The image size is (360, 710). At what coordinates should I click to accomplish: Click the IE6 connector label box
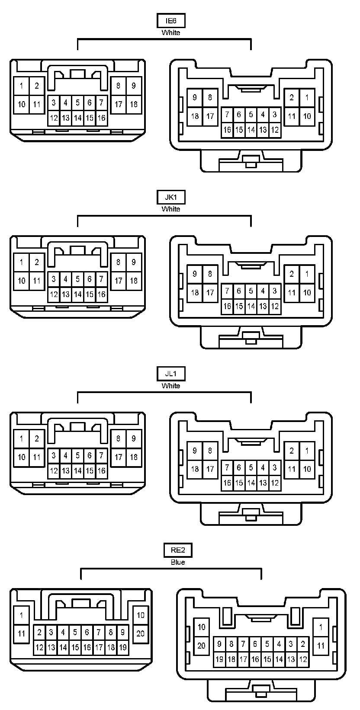click(171, 21)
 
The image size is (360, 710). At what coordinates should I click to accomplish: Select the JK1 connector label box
click(171, 197)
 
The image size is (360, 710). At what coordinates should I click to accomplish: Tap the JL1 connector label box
click(171, 374)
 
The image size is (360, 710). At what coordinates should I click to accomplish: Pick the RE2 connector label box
click(178, 550)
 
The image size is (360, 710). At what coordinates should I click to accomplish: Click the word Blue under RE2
click(178, 562)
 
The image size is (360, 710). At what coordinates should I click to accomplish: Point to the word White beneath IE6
click(171, 32)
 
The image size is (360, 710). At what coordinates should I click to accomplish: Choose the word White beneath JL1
click(171, 386)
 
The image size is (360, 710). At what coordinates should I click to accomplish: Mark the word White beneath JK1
click(171, 209)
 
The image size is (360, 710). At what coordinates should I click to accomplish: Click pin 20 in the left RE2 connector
click(141, 634)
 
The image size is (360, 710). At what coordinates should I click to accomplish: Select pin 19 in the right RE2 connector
click(219, 659)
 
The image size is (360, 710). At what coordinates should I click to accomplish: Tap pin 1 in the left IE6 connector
click(22, 86)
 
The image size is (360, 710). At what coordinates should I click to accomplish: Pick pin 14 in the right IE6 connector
click(251, 130)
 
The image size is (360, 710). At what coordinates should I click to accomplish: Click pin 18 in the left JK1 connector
click(134, 281)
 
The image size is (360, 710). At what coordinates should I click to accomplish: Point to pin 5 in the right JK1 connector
click(251, 291)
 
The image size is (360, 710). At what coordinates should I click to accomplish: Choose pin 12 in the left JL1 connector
click(54, 470)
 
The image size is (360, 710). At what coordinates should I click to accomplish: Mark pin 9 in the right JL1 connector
click(195, 451)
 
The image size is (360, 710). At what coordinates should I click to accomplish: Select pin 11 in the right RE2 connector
click(321, 646)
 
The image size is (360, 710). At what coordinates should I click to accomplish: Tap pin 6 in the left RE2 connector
click(87, 633)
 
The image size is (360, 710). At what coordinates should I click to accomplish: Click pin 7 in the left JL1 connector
click(101, 455)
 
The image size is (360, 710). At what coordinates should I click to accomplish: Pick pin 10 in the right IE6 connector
click(307, 116)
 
